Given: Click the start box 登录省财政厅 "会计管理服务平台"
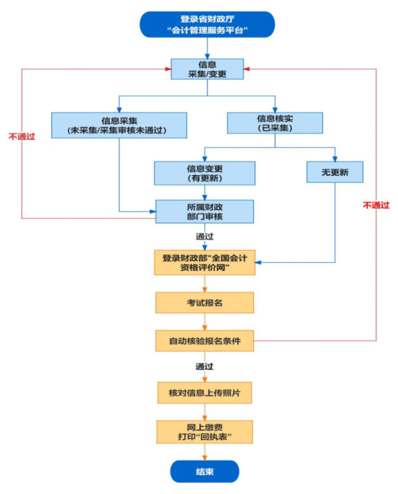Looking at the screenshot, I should point(207,24).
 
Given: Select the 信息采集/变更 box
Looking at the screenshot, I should point(208,69).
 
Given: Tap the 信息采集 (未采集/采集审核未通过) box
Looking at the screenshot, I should point(119,125).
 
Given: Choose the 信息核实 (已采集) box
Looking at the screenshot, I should point(275,123).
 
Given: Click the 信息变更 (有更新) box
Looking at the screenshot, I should point(205,173).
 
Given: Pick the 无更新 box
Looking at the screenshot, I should point(335,172).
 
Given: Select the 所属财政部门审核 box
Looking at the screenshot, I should point(205,211).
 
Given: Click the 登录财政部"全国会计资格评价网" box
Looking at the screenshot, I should point(205,262).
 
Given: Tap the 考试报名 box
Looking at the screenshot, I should point(205,302).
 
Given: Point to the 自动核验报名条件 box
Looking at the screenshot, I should point(205,341).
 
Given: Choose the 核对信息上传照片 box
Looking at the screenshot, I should point(205,393).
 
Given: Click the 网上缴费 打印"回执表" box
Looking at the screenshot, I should point(205,432).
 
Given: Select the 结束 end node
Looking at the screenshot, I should point(205,471).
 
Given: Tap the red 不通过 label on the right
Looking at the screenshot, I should point(376,205).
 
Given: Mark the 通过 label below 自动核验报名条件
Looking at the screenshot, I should point(205,367).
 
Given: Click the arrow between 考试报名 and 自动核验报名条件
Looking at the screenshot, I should point(205,322).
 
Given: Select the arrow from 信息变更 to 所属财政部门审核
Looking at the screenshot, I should point(205,192).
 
